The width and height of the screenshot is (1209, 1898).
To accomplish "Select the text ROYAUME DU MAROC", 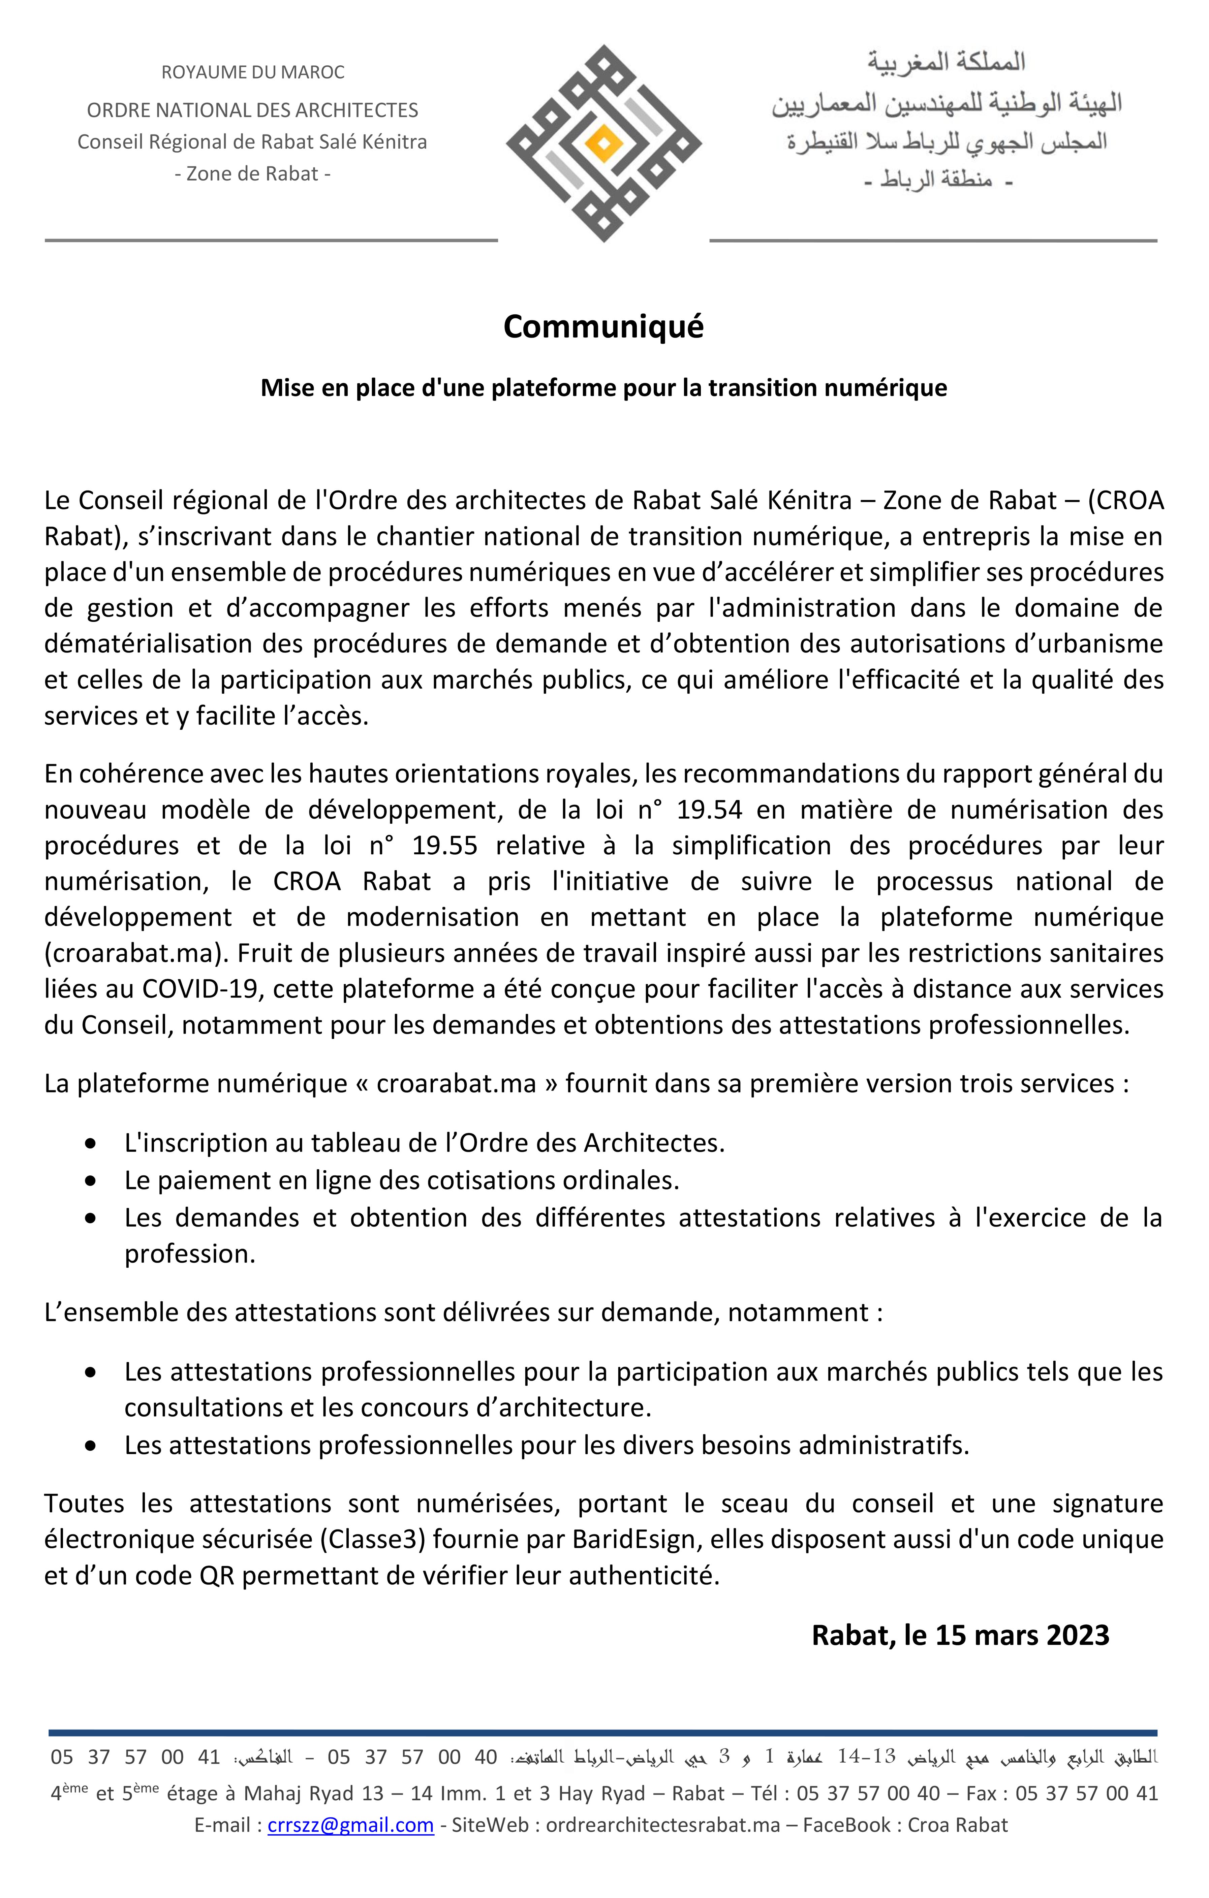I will (253, 72).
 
